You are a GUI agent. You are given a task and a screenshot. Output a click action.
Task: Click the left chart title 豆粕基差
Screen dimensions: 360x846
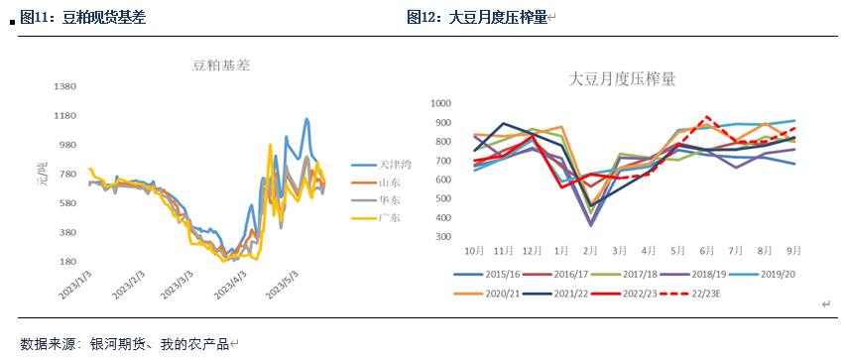coord(220,65)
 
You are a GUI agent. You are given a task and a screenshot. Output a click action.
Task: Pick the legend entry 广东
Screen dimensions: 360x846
coord(389,217)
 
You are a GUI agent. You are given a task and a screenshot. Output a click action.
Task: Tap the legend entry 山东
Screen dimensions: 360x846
coord(389,181)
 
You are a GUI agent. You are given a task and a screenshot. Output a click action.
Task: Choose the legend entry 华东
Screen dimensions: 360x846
coord(389,199)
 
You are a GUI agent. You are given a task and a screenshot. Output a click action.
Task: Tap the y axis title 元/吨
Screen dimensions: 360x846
coord(42,176)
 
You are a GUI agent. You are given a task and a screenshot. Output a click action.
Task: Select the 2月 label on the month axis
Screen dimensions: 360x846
coord(591,251)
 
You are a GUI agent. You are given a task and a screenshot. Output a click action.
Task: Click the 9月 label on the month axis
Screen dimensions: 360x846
coord(794,251)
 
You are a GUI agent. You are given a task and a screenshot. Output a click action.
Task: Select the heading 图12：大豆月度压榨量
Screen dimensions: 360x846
coord(476,17)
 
